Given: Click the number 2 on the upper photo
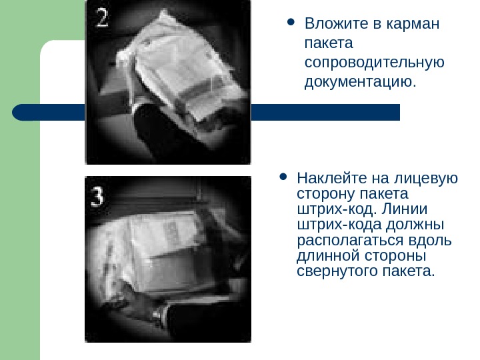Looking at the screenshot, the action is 102,18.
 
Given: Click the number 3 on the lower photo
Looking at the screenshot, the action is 97,197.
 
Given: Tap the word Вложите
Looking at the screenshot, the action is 335,23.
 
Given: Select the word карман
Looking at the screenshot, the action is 413,23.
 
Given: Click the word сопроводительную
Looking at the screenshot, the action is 375,63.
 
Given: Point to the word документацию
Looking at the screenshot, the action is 360,82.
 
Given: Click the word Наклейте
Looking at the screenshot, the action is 331,178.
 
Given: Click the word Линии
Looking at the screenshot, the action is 405,209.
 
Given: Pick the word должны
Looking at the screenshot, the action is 415,225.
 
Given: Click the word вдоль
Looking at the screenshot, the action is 430,240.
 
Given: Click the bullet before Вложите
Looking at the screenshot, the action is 291,22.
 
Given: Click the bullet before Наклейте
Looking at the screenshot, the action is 283,177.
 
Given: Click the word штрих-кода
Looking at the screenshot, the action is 339,225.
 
